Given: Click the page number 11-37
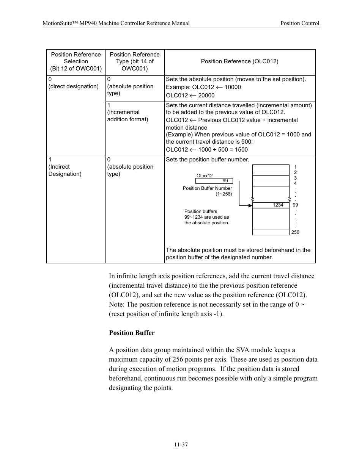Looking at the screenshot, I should [181, 445].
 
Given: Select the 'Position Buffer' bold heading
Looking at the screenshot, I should [132, 333].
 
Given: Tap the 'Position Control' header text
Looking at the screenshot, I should [300, 23].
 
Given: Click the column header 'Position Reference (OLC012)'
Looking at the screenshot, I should [239, 61].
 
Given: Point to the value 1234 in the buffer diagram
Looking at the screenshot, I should [278, 205].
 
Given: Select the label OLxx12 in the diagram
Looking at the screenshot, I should [205, 175].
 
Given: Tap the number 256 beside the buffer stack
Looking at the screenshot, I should [295, 232].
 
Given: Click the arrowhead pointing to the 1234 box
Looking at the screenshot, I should [250, 205].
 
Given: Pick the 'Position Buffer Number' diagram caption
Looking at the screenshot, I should [207, 188].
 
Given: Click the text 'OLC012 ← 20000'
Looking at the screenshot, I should [190, 95].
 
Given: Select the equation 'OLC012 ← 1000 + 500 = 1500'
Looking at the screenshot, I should [207, 149].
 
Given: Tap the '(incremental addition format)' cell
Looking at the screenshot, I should [127, 116].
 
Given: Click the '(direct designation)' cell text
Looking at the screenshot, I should [73, 86].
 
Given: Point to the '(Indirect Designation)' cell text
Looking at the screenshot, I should [65, 170].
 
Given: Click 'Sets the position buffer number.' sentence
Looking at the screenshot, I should [207, 160].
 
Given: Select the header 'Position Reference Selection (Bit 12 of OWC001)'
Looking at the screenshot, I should [76, 61].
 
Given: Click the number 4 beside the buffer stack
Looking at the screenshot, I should [295, 183].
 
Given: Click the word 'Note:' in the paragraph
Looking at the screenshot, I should [117, 304].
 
